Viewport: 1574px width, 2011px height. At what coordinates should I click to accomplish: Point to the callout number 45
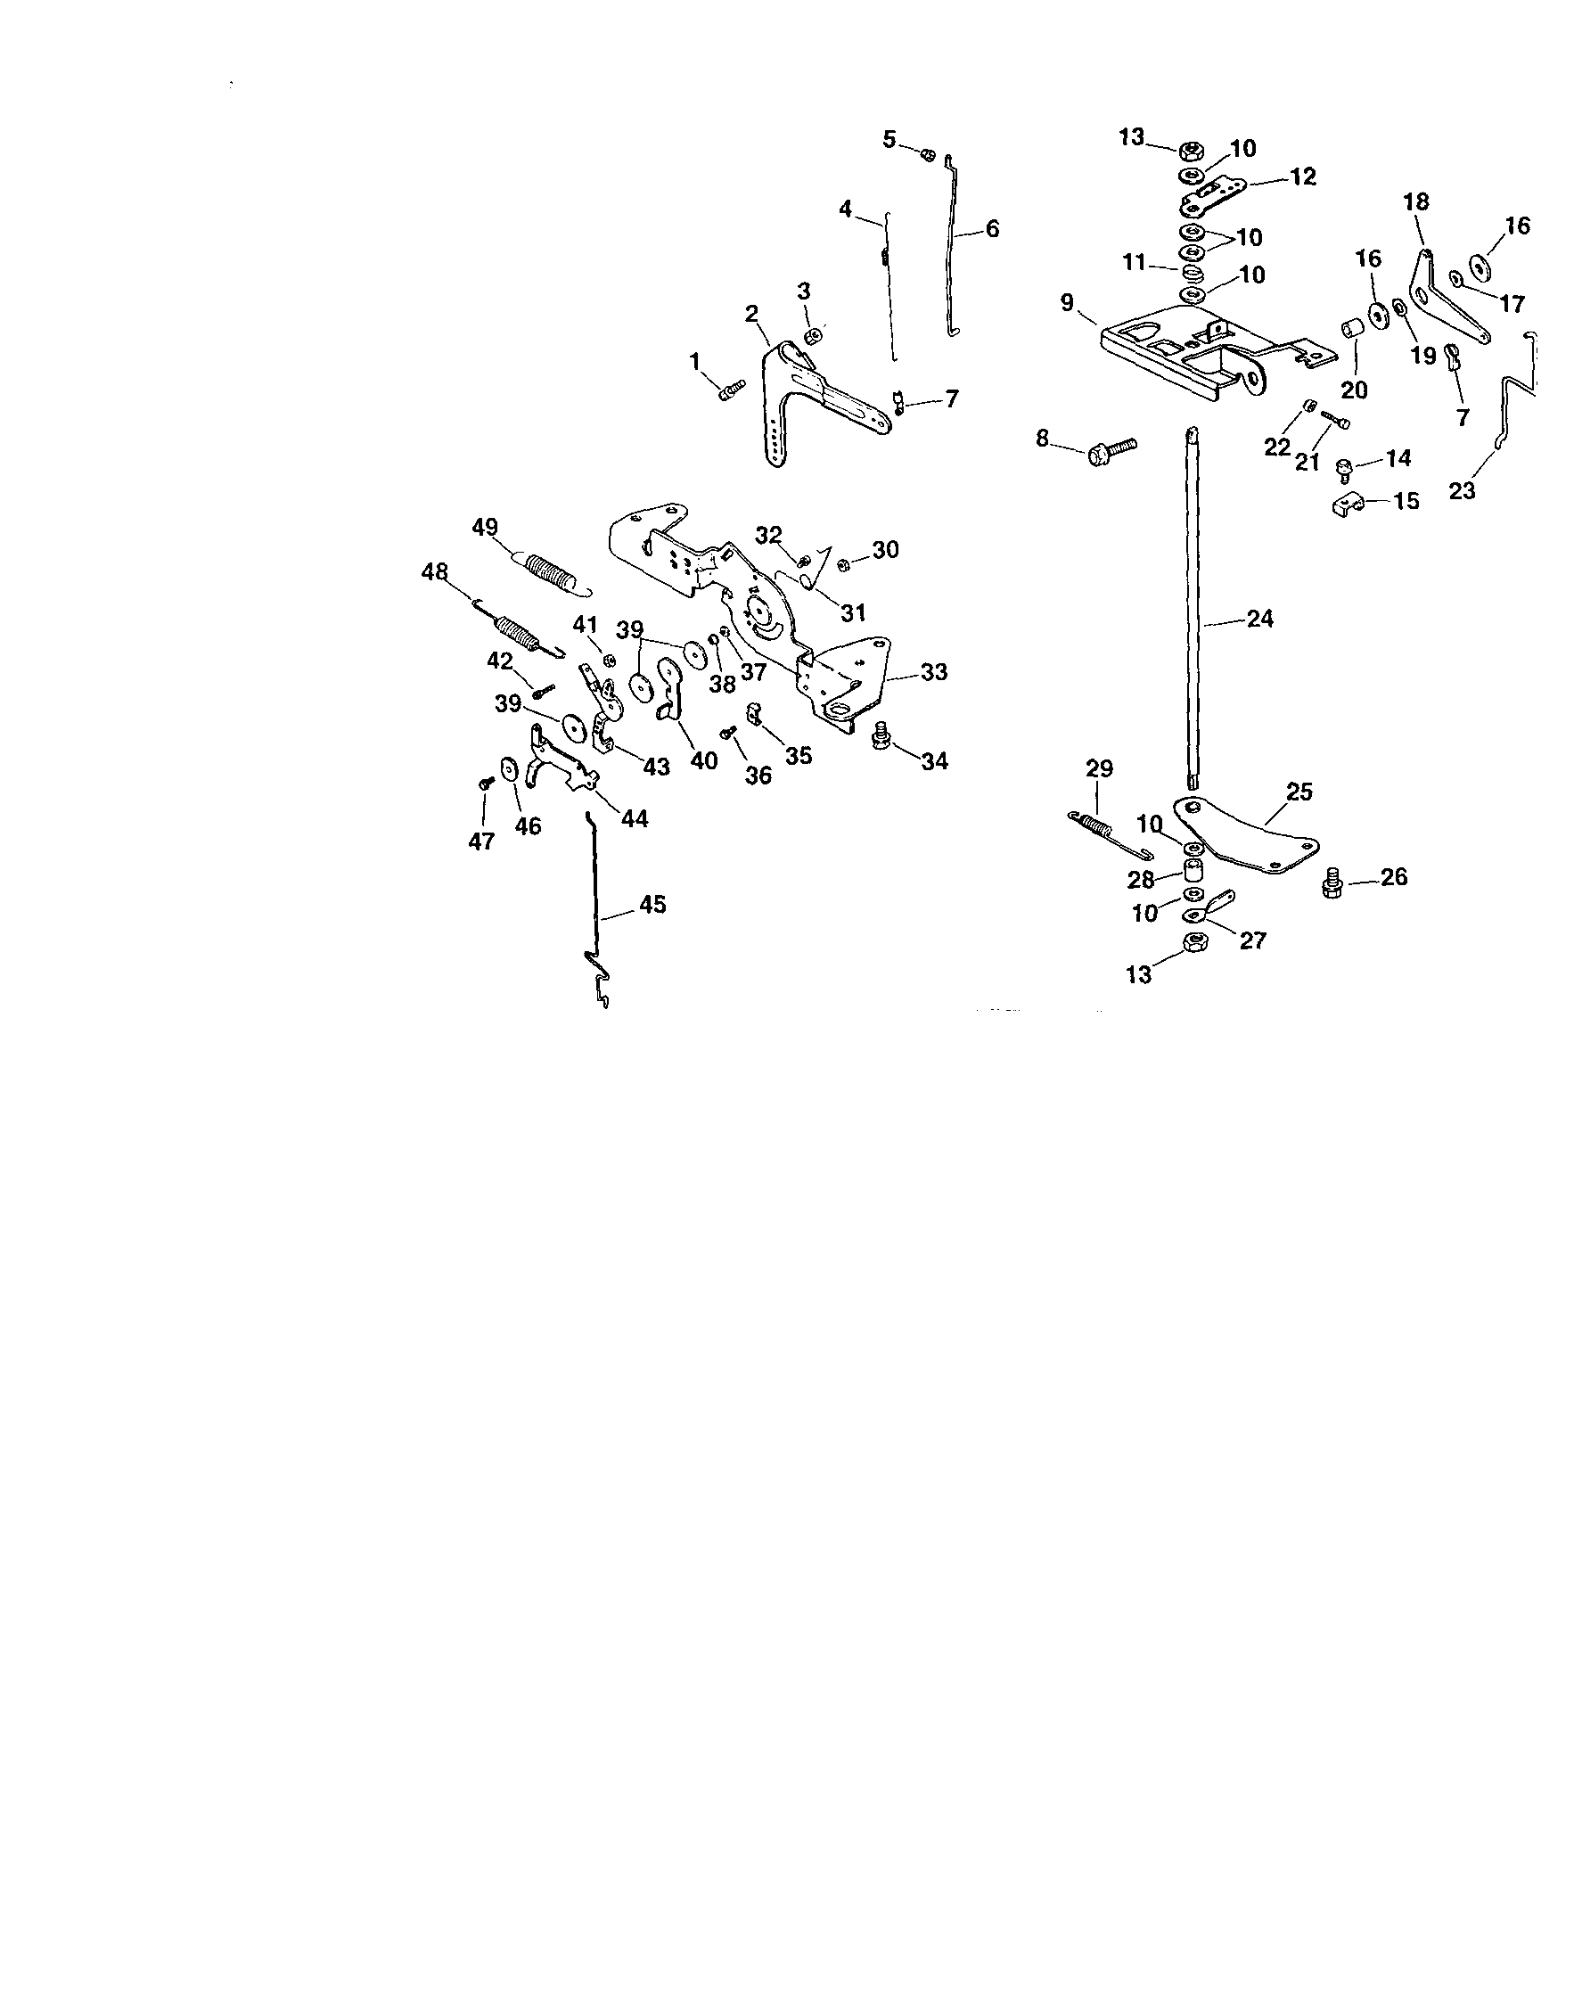(x=652, y=905)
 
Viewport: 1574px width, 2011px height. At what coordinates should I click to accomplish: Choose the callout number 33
(x=933, y=673)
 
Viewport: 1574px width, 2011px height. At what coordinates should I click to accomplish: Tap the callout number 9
(x=1067, y=302)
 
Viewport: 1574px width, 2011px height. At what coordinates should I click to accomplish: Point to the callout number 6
(x=992, y=228)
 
